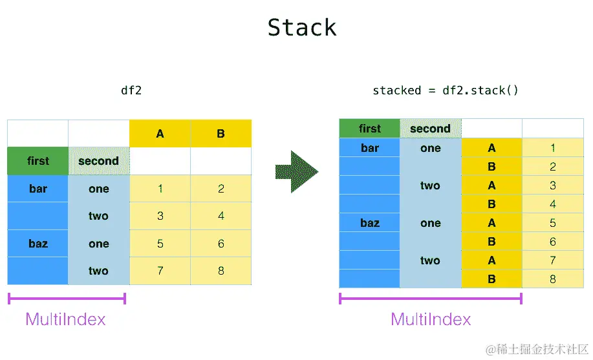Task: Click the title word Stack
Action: point(302,28)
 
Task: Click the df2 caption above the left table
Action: point(131,90)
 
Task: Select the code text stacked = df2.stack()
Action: point(446,90)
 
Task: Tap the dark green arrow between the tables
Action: point(297,171)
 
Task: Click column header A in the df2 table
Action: point(160,134)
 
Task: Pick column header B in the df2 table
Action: point(221,134)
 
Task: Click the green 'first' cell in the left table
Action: point(38,161)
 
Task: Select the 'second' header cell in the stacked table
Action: point(430,129)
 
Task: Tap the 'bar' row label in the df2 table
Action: point(38,189)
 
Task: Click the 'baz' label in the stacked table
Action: point(369,223)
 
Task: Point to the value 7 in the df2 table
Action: point(160,271)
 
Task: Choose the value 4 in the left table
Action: point(221,216)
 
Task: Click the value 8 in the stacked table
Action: point(553,279)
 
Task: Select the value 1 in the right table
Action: point(553,148)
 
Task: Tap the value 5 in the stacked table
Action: point(553,223)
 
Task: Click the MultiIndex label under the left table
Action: point(65,319)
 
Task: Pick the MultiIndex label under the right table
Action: point(431,319)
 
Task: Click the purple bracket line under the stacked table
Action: point(430,299)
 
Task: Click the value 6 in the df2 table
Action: point(221,244)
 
